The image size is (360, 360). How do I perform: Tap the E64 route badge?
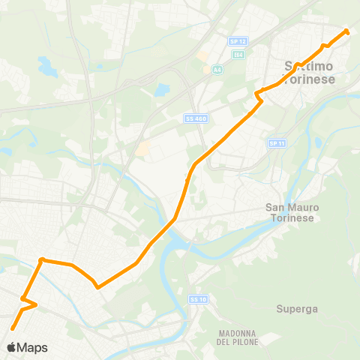(x=238, y=55)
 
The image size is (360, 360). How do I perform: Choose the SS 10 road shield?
(x=196, y=299)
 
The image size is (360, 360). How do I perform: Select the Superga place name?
(x=297, y=308)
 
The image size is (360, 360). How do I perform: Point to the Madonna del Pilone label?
(x=239, y=337)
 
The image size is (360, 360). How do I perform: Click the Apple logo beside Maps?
(x=11, y=347)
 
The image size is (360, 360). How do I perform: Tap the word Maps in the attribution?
(x=31, y=347)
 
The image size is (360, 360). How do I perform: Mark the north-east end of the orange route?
(x=346, y=31)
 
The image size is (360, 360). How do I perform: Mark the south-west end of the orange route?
(x=13, y=328)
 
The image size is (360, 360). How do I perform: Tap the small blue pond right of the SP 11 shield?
(x=318, y=141)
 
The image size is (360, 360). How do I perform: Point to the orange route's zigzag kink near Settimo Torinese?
(x=258, y=95)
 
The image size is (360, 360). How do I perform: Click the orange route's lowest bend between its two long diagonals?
(x=97, y=286)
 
